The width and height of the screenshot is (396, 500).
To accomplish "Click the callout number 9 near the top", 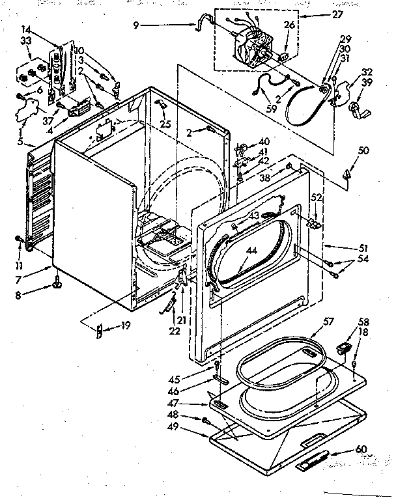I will (135, 26).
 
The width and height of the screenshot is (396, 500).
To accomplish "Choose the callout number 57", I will (328, 321).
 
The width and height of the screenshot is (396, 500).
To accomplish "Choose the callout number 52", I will (316, 198).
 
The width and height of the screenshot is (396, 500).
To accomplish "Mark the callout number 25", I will (167, 124).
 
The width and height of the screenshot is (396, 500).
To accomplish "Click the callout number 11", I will (20, 266).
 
